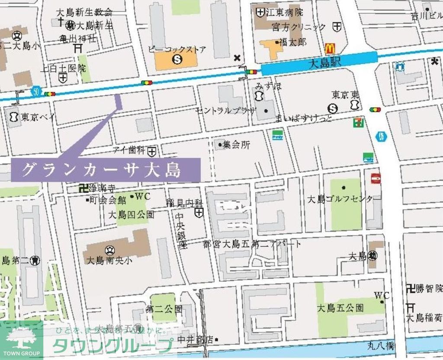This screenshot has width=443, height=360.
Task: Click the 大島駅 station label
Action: (x=326, y=63)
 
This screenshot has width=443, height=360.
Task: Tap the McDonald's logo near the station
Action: (x=330, y=48)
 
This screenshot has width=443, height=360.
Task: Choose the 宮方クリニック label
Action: (x=299, y=27)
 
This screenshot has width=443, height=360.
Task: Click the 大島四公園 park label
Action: (x=131, y=214)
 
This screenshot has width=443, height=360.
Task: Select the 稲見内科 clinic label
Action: (x=184, y=203)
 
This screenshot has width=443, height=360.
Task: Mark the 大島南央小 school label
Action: (x=109, y=260)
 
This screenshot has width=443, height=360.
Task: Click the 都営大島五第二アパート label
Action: (x=252, y=244)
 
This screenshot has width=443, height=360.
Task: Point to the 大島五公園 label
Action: (x=340, y=308)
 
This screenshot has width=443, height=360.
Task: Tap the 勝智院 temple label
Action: (x=428, y=288)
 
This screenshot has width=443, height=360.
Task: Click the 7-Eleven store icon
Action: (x=358, y=123)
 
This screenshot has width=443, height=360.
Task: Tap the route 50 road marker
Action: (x=35, y=91)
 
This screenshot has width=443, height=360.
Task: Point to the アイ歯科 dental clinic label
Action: (x=128, y=150)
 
